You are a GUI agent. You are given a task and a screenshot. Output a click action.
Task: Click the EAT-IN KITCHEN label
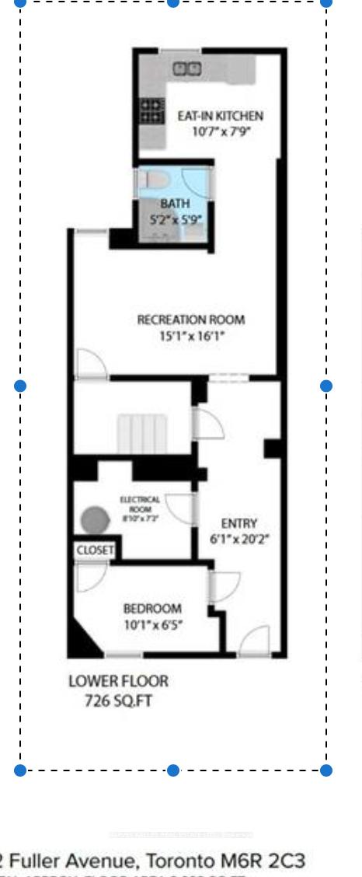pyautogui.click(x=221, y=116)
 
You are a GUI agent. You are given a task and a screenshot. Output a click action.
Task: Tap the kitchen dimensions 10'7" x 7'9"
pyautogui.click(x=221, y=131)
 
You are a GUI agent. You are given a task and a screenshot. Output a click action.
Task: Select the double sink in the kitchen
pyautogui.click(x=186, y=68)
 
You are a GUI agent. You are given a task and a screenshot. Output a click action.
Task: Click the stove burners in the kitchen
pyautogui.click(x=152, y=110)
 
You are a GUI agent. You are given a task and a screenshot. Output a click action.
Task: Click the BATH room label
pyautogui.click(x=175, y=204)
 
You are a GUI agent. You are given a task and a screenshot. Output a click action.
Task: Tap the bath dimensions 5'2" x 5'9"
pyautogui.click(x=176, y=219)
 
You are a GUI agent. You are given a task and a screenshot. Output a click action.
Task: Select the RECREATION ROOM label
pyautogui.click(x=190, y=320)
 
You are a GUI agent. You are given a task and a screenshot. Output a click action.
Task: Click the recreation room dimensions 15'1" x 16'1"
pyautogui.click(x=190, y=336)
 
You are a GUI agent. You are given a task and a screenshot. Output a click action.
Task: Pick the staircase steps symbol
pyautogui.click(x=143, y=432)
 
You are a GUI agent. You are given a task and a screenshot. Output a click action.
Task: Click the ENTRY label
pyautogui.click(x=238, y=523)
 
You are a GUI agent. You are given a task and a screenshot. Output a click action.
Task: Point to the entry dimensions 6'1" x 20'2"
pyautogui.click(x=238, y=538)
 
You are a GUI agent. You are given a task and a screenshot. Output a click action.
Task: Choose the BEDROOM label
pyautogui.click(x=152, y=609)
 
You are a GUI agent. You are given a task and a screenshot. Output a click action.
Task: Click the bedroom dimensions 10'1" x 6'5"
pyautogui.click(x=152, y=624)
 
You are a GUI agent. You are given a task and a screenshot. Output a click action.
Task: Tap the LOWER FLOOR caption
pyautogui.click(x=118, y=682)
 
